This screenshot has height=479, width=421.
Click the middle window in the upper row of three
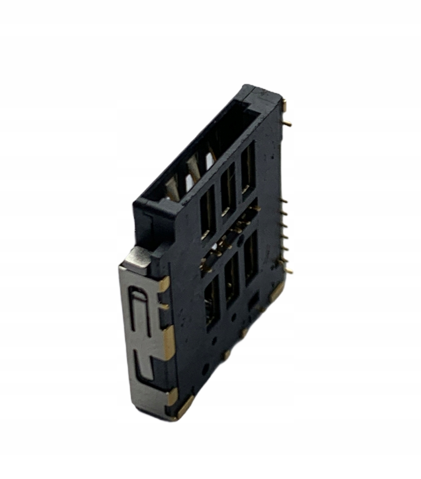(228, 189)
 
